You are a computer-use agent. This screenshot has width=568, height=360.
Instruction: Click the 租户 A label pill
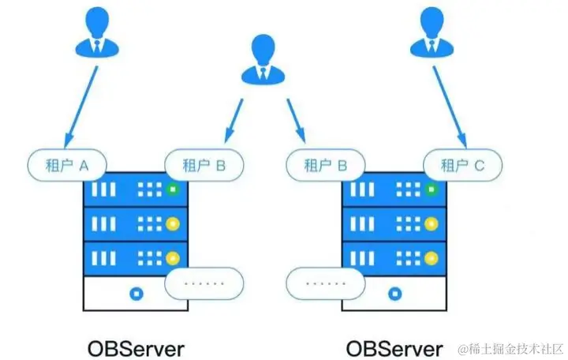click(67, 166)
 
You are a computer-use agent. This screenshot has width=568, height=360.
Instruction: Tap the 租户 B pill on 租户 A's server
click(204, 166)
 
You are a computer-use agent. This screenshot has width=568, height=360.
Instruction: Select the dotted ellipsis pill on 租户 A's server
click(204, 282)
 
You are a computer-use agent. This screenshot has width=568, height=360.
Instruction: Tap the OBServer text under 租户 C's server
click(394, 348)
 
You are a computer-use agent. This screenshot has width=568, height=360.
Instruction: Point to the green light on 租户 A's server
click(173, 189)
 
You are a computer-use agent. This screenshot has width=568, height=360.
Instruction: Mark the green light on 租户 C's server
click(431, 189)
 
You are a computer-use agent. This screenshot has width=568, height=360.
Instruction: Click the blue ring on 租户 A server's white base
click(136, 294)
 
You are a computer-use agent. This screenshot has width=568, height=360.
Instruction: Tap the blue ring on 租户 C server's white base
click(393, 294)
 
